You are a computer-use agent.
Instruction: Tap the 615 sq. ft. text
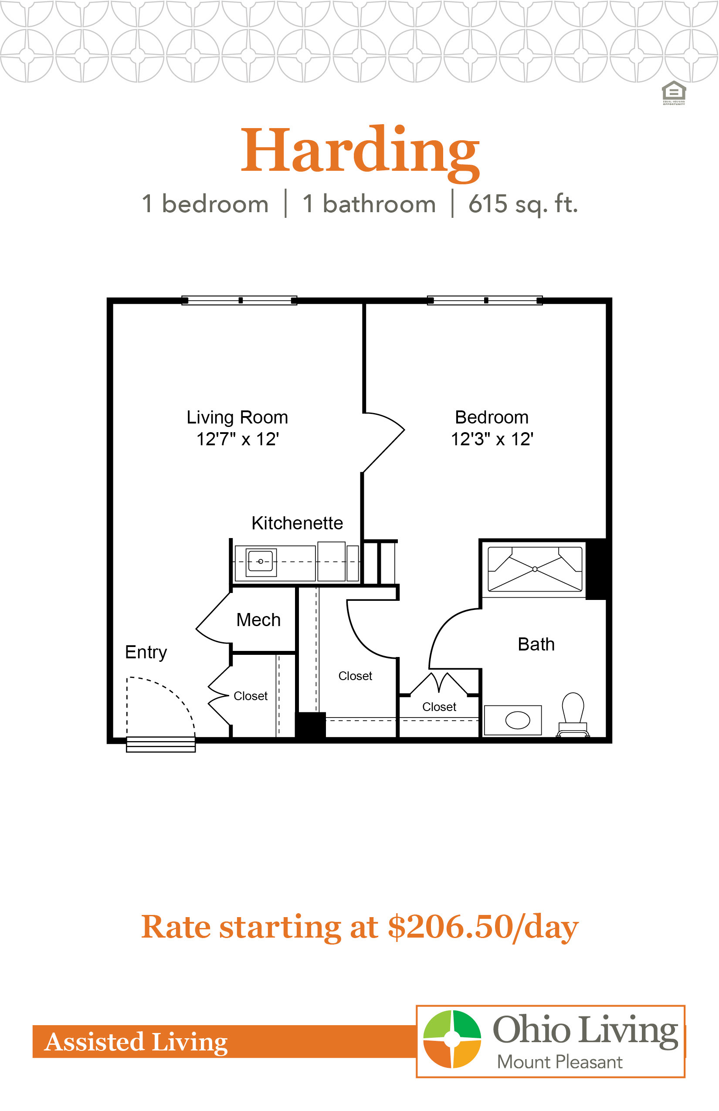(523, 204)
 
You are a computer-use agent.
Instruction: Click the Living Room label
(237, 417)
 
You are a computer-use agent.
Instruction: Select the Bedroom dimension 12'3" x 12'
(492, 439)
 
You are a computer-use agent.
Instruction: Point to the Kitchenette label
(297, 523)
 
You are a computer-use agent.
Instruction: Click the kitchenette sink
(261, 562)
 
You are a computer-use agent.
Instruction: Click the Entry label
(146, 653)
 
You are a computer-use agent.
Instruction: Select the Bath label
(536, 644)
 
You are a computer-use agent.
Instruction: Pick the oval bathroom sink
(517, 720)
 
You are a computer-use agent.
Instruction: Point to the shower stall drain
(535, 569)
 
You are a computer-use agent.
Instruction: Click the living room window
(239, 300)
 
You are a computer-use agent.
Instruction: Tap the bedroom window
(485, 300)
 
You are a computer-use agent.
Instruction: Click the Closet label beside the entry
(250, 696)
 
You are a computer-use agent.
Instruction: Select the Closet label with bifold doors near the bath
(439, 707)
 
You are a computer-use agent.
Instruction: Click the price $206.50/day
(483, 927)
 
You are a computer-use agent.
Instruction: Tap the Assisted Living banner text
(136, 1042)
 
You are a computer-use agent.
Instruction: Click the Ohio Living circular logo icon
(452, 1039)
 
